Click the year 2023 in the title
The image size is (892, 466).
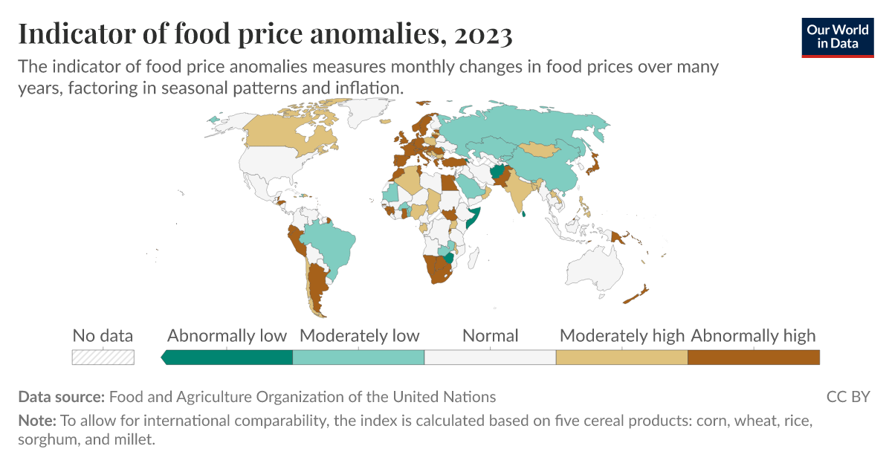(479, 34)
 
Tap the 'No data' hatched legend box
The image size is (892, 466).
(103, 357)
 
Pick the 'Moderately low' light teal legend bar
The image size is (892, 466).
(358, 357)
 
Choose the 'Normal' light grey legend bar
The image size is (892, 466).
(490, 357)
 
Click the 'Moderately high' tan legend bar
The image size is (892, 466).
(621, 357)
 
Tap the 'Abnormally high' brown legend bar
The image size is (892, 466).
(753, 357)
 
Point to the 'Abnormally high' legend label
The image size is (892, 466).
(753, 336)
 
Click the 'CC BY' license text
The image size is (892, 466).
(847, 397)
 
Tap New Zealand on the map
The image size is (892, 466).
(638, 294)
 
